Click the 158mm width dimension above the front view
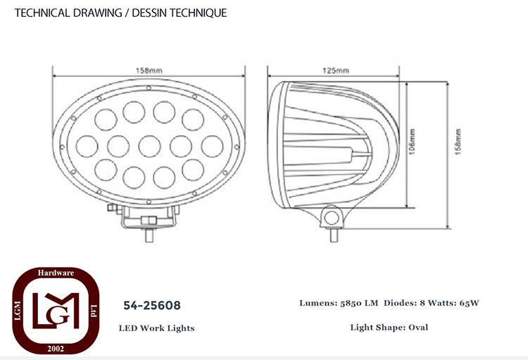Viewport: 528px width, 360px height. click(149, 70)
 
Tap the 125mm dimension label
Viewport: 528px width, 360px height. click(336, 70)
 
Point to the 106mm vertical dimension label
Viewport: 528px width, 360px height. click(412, 142)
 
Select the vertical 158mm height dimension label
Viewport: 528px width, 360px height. click(458, 142)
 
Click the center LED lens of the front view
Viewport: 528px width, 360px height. click(149, 147)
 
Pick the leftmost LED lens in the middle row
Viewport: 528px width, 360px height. click(87, 147)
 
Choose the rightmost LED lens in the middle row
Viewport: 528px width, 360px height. click(212, 147)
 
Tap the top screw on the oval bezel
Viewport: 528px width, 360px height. click(149, 88)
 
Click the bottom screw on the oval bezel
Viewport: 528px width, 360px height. click(149, 202)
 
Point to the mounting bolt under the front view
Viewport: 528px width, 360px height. click(149, 235)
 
